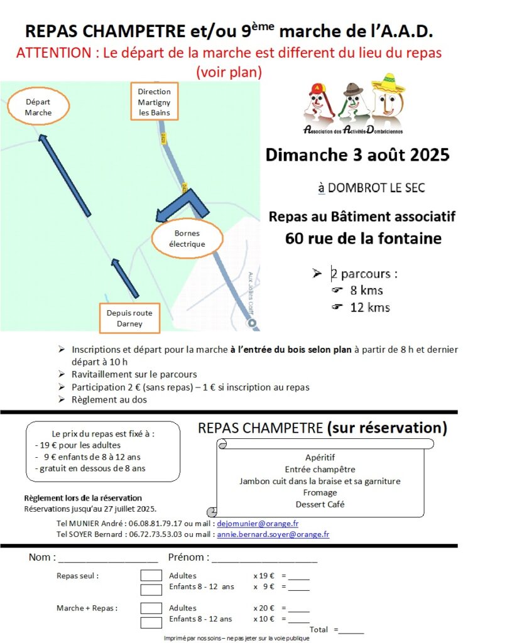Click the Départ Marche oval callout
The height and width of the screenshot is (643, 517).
pos(38,107)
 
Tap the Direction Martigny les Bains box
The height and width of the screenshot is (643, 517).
pos(154,102)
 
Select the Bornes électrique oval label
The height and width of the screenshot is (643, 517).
pos(187,239)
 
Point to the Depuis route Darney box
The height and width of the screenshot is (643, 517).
pos(129,318)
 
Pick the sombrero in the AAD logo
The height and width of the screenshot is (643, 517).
pos(388,84)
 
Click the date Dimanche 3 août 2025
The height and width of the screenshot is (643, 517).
pos(357,154)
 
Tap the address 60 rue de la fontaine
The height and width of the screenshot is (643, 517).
pos(362,239)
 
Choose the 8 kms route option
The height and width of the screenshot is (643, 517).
pos(366,290)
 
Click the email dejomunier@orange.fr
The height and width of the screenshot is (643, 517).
pos(258,523)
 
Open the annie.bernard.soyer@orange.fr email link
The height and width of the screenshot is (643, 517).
pos(273,534)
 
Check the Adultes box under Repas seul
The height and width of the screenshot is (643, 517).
pos(151,575)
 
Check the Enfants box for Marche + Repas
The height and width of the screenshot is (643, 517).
pos(151,622)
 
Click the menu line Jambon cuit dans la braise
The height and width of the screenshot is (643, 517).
pos(319,482)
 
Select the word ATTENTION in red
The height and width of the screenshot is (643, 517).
pos(54,53)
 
